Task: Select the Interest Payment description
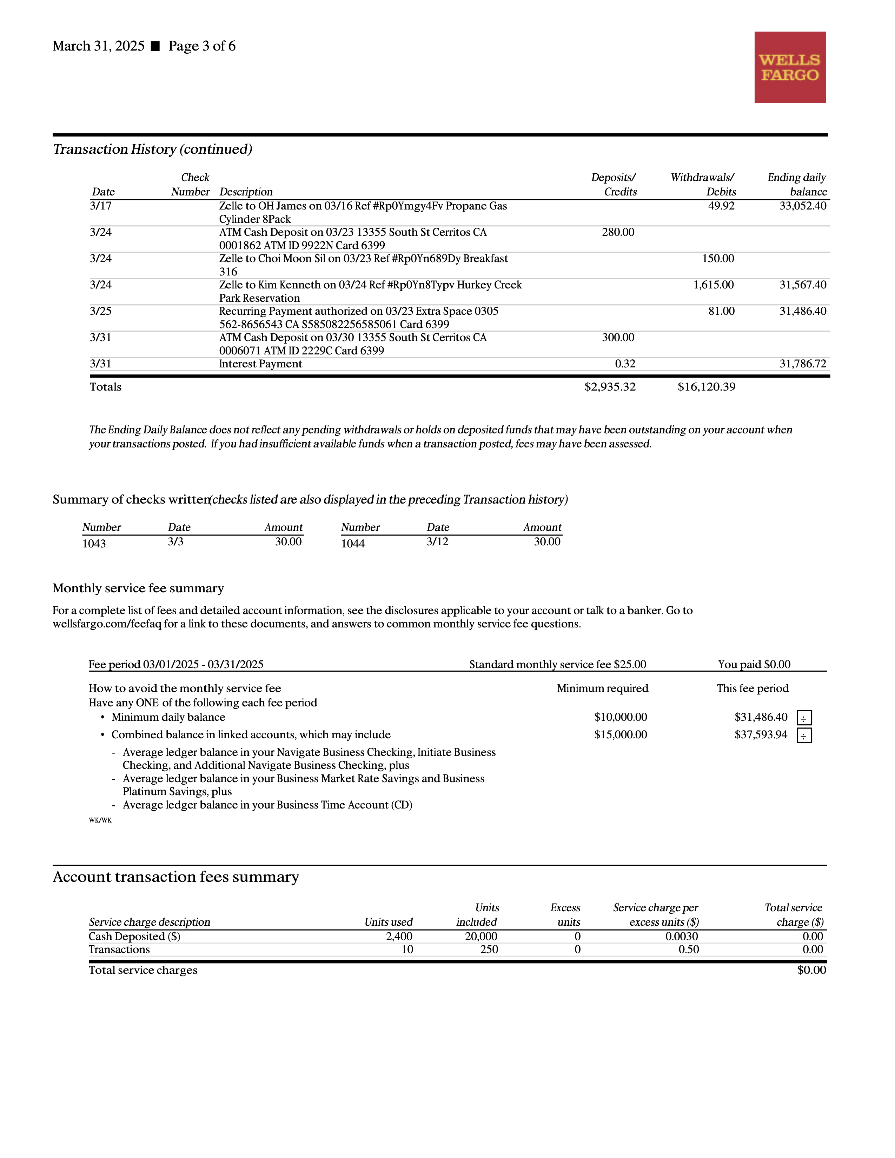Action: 260,364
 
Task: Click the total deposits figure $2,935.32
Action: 610,387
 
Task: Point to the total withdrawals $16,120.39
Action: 706,387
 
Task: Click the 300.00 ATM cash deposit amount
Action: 618,338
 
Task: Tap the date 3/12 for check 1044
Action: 437,542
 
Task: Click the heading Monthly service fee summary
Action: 138,588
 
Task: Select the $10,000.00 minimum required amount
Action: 620,717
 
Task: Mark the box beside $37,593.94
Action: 804,736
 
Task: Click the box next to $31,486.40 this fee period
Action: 804,718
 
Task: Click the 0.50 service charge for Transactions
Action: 688,950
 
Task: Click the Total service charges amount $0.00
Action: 811,970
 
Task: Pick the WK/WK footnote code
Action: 100,820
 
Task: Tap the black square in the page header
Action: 155,46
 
